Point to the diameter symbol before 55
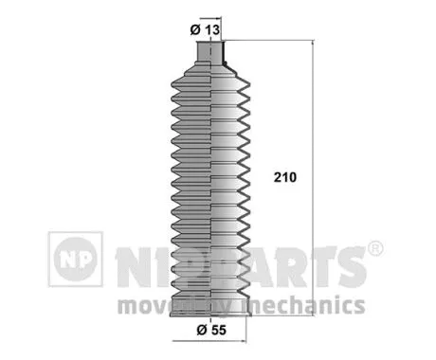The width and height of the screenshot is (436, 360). click(x=194, y=331)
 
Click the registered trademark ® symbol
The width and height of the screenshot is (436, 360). click(x=374, y=249)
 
